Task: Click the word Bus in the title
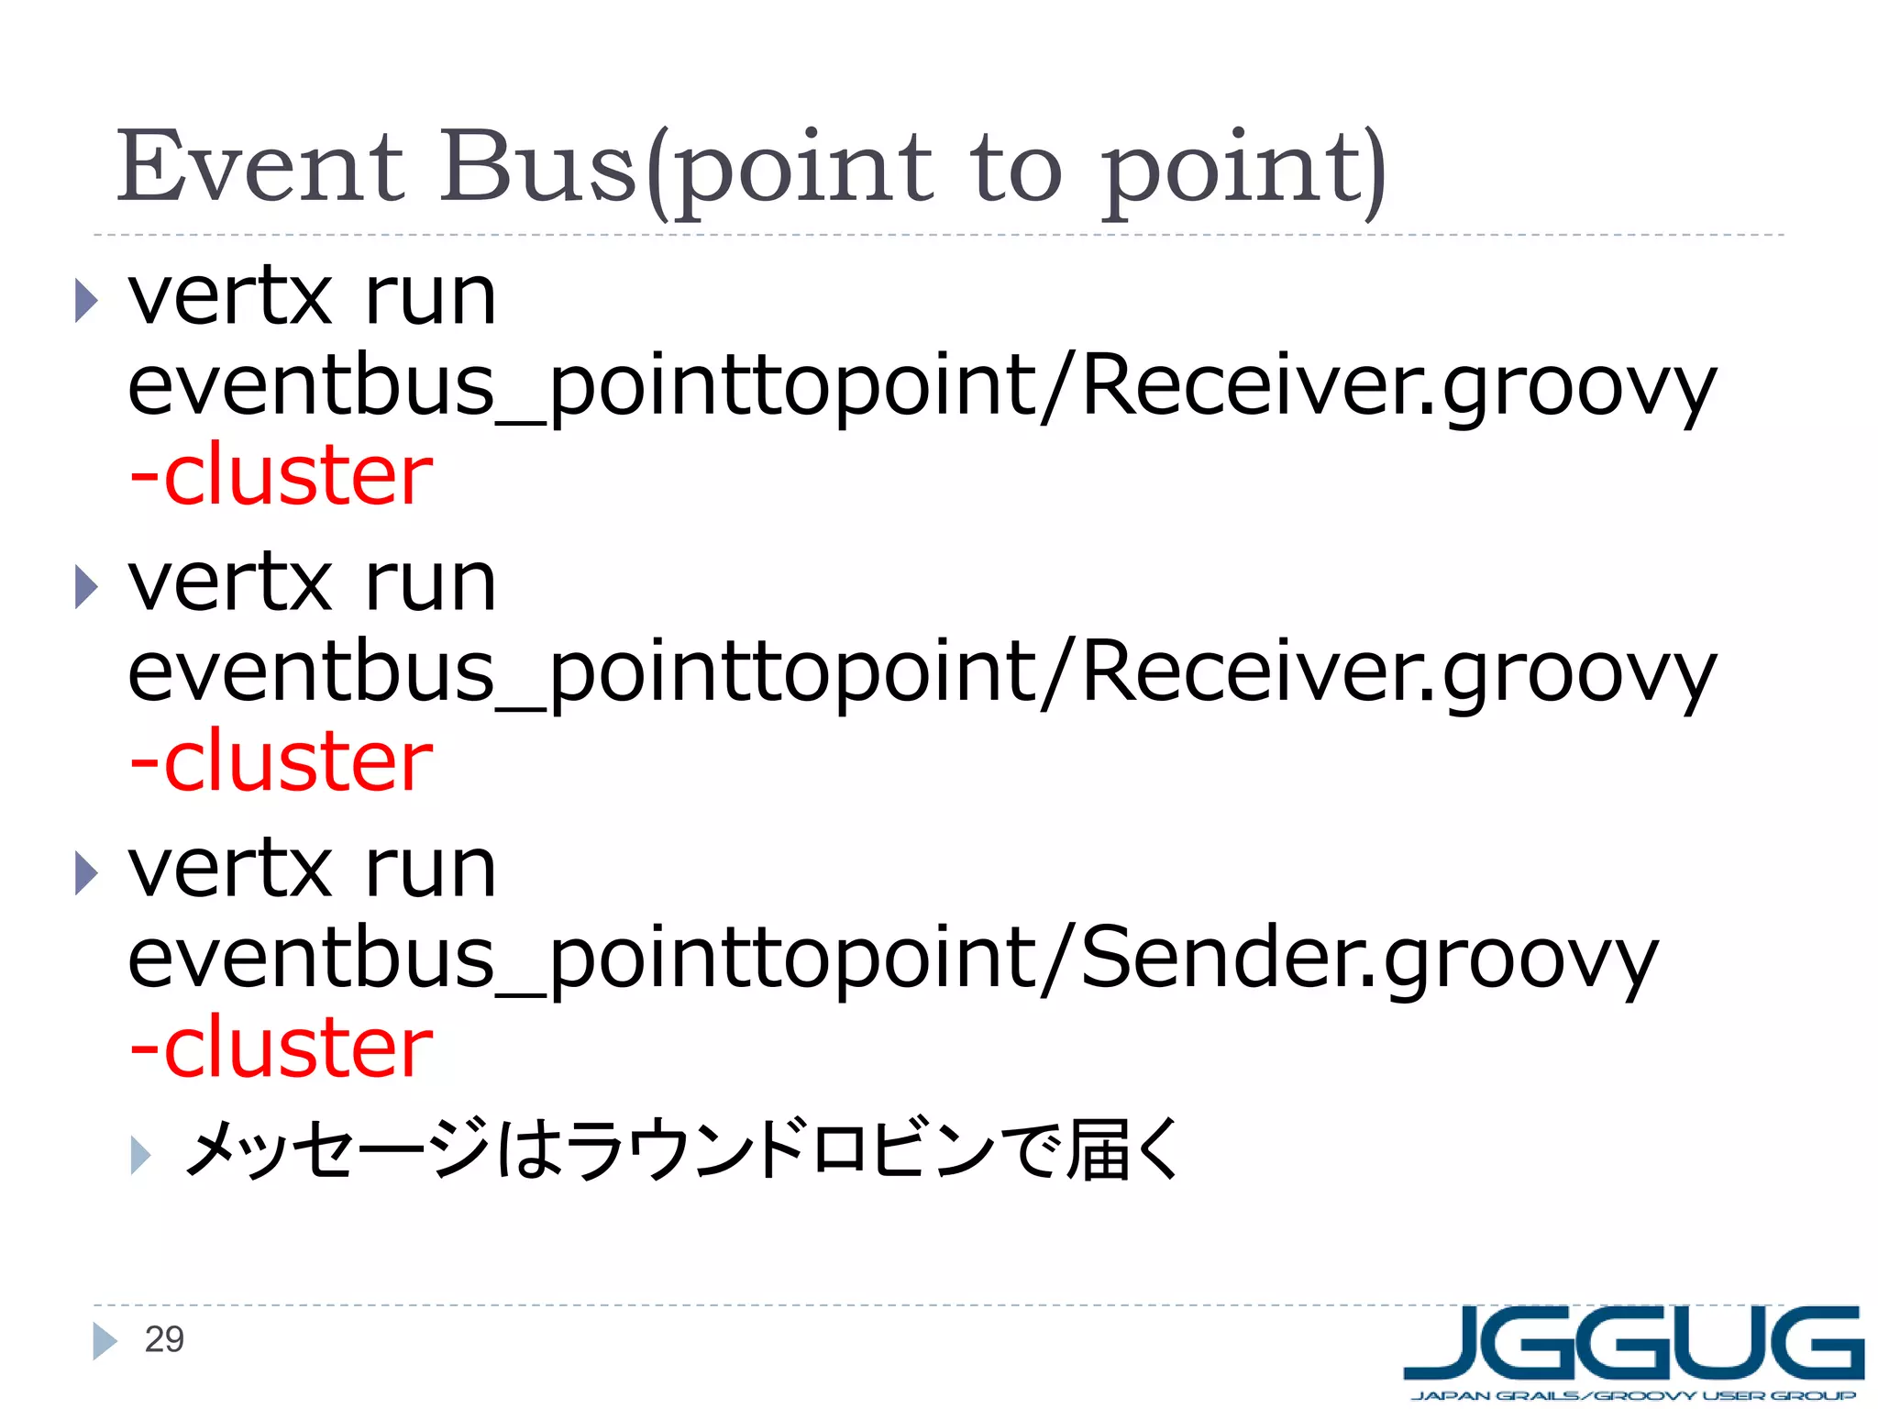[x=538, y=168]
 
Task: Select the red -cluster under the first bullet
[x=281, y=475]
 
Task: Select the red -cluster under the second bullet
[x=281, y=761]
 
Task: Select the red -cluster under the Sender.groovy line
[x=281, y=1048]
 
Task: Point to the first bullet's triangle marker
[x=86, y=301]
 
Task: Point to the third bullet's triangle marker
[x=86, y=873]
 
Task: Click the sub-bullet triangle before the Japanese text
[x=140, y=1155]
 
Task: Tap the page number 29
[x=164, y=1340]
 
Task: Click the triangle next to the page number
[x=105, y=1341]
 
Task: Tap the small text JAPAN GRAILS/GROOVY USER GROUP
[x=1633, y=1396]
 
